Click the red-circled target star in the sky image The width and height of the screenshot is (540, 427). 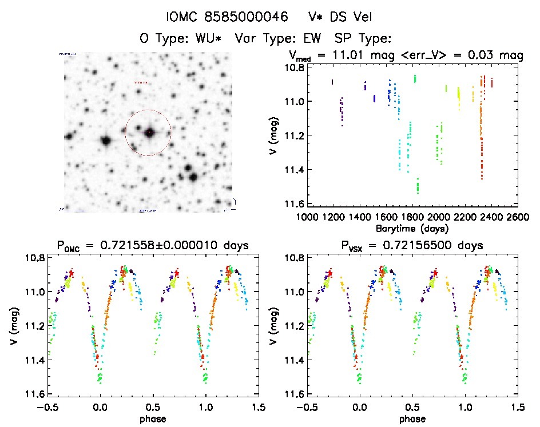(x=149, y=133)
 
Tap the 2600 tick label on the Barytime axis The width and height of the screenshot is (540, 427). (x=517, y=217)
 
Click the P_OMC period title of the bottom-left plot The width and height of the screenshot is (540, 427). (x=152, y=246)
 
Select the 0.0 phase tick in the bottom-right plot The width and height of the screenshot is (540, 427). (x=360, y=408)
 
